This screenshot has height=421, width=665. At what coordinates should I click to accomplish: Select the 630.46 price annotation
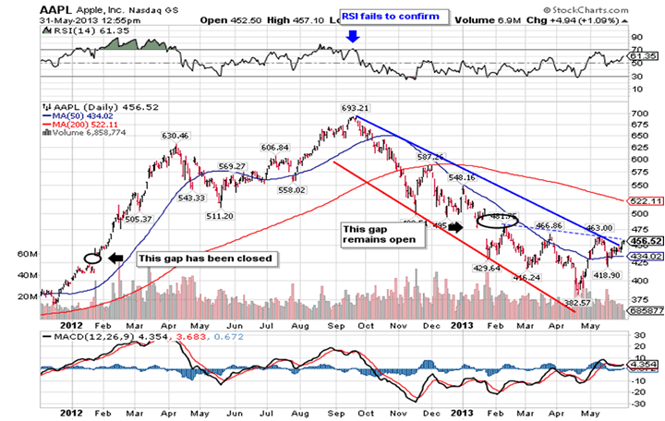[175, 136]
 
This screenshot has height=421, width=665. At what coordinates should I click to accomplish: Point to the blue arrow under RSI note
[353, 37]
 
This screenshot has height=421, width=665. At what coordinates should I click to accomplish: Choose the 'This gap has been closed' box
[205, 259]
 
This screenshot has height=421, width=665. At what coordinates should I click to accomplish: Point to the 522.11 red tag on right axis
[641, 200]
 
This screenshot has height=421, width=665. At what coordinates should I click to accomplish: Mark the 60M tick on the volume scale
[28, 252]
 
